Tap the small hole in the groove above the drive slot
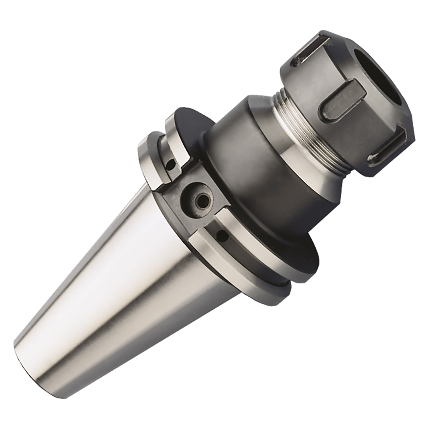[x=172, y=164]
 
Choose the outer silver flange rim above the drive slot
[x=147, y=158]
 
